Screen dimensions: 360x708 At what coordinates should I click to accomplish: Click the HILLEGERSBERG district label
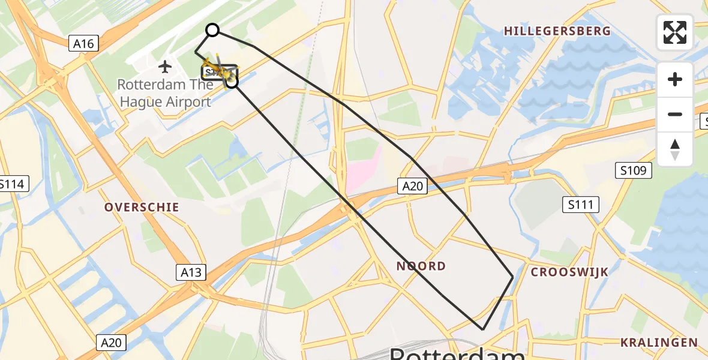(x=557, y=31)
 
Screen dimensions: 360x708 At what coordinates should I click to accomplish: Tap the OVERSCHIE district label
(x=142, y=207)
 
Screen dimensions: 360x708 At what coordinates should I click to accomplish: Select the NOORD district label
(x=421, y=266)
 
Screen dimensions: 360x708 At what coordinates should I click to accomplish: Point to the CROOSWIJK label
(x=569, y=272)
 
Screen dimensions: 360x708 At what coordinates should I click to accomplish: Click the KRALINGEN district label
(x=659, y=343)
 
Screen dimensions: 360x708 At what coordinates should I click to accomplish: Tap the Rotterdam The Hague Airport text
(x=165, y=93)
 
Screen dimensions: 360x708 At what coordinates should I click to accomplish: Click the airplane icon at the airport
(x=165, y=66)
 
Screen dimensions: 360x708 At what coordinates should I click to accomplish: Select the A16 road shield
(x=83, y=43)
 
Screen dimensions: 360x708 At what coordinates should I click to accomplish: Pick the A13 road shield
(x=192, y=272)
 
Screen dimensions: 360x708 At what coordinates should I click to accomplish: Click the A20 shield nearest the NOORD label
(x=413, y=186)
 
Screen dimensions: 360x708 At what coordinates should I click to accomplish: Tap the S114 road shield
(x=12, y=184)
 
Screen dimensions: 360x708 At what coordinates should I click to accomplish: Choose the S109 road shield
(x=634, y=171)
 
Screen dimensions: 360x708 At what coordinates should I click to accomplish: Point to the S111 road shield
(x=581, y=205)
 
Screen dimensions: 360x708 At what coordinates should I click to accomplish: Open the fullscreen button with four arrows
(x=675, y=32)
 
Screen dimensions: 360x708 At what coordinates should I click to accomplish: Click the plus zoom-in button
(x=675, y=79)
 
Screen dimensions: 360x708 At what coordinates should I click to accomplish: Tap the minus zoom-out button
(x=675, y=114)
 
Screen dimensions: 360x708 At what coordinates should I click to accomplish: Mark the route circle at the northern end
(x=212, y=30)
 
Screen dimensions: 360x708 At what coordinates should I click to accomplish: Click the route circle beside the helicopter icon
(x=232, y=82)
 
